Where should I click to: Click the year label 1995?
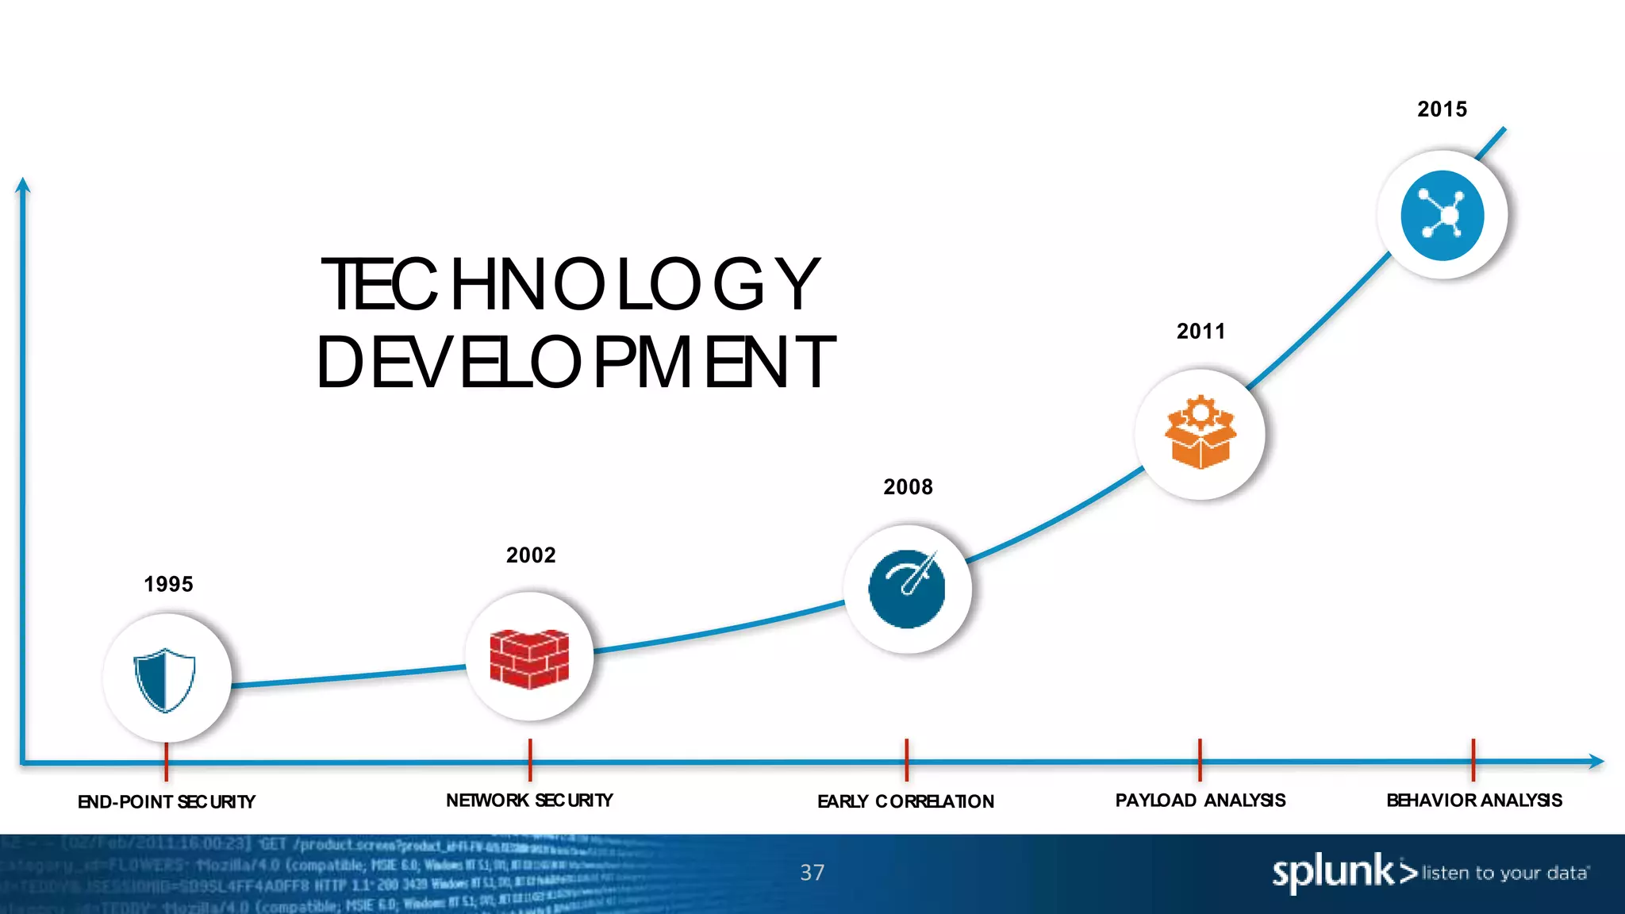(168, 585)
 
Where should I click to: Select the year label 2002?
(531, 555)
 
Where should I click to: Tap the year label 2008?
(908, 487)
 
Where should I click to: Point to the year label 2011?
(1201, 332)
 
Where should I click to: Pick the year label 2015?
(1442, 109)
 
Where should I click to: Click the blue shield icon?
(165, 680)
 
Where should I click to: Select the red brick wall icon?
(529, 658)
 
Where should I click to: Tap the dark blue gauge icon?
(907, 589)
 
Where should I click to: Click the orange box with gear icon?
(1201, 432)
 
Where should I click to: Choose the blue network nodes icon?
(1442, 215)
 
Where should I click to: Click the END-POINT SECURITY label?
(167, 802)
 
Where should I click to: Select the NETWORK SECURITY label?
(529, 801)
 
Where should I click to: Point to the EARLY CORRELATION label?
(905, 801)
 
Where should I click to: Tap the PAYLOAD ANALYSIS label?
(1201, 801)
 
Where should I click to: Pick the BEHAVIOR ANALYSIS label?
(1474, 801)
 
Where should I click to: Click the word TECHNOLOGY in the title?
(570, 285)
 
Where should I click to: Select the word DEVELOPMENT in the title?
(576, 363)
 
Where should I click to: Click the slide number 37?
(812, 873)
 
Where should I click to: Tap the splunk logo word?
(1333, 873)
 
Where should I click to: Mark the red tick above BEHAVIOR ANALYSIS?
(1473, 759)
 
